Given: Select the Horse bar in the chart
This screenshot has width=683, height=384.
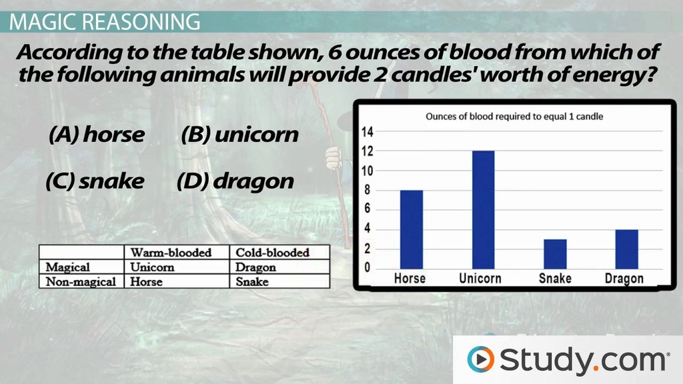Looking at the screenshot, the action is coord(411,229).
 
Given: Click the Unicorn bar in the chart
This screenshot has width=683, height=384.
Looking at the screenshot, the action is coord(483,210).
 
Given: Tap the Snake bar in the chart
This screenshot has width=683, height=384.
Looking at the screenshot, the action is coord(555,254).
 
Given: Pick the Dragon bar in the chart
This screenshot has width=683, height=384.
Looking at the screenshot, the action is coord(626,249).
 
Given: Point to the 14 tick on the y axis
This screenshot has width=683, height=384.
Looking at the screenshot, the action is coord(368,131).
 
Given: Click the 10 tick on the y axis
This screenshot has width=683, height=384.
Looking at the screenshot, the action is coord(368,171).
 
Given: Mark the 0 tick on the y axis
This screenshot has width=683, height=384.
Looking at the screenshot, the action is coord(368,267).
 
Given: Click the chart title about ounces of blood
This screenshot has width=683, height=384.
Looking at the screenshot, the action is coord(514,116).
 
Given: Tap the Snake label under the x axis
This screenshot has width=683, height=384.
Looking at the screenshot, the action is coord(555,278).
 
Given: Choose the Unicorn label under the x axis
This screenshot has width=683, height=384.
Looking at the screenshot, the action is coord(480,278).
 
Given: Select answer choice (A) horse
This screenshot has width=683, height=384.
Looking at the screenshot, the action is coord(97,134).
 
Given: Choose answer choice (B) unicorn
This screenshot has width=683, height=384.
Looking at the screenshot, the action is coord(240,134).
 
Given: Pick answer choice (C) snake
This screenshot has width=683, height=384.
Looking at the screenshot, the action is coord(95,181).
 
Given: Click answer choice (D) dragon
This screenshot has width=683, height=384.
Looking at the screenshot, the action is coord(235,181).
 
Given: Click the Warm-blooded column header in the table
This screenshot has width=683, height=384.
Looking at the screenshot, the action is coord(171,253).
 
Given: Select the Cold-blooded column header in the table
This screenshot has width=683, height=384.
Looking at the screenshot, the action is coord(272,253).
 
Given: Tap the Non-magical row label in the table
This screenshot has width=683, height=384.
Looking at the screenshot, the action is coord(81,282).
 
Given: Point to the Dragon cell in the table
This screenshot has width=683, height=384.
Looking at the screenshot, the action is coord(255,267).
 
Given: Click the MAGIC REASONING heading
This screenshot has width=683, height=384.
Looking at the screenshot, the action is coord(105,22).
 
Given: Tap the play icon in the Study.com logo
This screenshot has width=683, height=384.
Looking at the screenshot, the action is coord(481,359).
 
